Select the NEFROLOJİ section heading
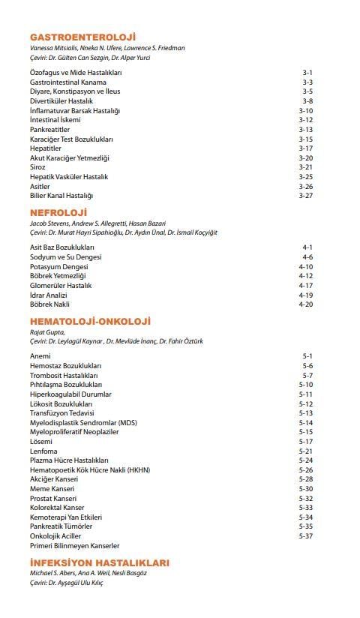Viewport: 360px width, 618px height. click(x=58, y=212)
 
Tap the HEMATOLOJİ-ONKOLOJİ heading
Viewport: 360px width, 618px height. click(x=90, y=321)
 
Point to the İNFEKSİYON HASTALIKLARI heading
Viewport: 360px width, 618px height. click(x=100, y=562)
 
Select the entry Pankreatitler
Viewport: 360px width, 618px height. click(x=49, y=130)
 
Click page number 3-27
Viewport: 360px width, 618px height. click(x=305, y=196)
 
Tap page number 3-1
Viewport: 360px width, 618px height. click(x=307, y=73)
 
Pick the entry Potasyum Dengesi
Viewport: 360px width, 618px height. click(x=58, y=266)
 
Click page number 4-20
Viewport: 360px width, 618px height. click(x=305, y=304)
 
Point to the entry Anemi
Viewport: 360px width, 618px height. click(x=40, y=355)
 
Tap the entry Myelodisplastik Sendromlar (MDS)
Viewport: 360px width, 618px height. click(x=83, y=422)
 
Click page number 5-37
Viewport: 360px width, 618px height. click(x=305, y=536)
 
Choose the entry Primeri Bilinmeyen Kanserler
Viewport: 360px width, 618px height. click(x=74, y=546)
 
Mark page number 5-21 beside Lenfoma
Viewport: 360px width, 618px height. click(x=305, y=451)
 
